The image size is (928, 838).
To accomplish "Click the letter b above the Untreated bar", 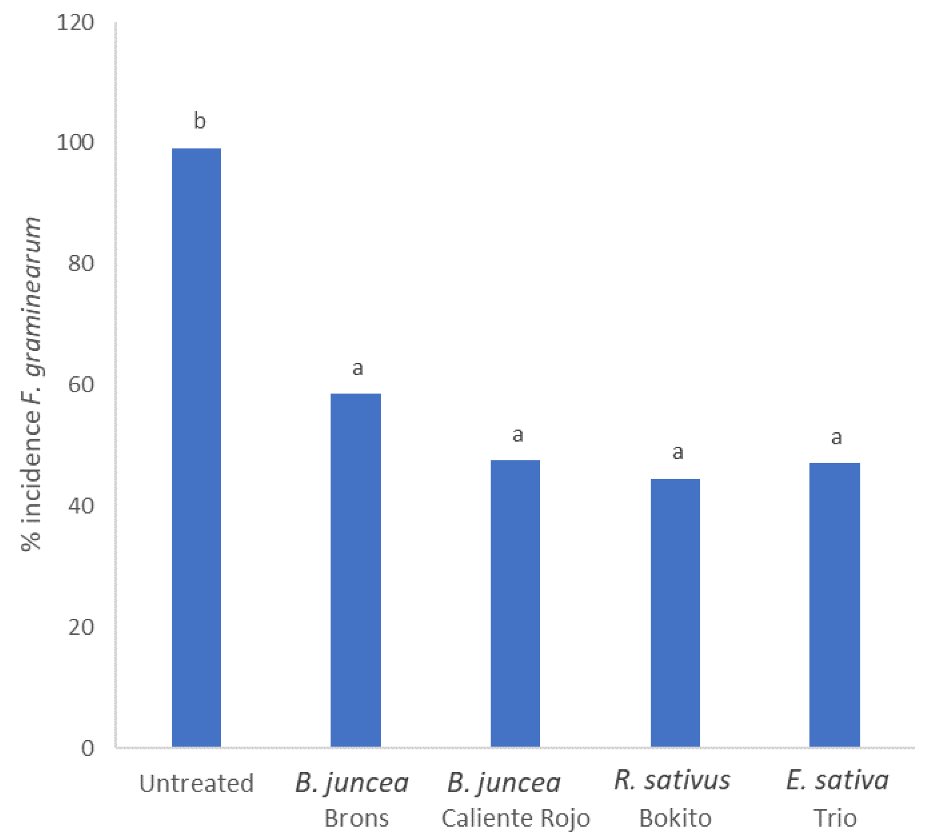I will pos(199,121).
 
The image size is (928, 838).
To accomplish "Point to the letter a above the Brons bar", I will pos(358,368).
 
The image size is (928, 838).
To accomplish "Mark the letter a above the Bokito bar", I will pos(678,452).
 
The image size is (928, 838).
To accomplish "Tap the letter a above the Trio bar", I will pos(836,437).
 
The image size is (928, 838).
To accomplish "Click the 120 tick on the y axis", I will pos(76,22).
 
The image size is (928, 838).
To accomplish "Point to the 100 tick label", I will pos(76,143).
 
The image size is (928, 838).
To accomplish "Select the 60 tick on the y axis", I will pos(81,385).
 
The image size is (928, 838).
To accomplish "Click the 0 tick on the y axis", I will pos(87,749).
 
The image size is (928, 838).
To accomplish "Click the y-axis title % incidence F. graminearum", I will pos(31,385).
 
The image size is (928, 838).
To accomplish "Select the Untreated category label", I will pos(197,783).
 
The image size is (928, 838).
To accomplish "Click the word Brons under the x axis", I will pos(357,818).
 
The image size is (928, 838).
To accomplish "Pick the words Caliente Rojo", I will pos(516,818).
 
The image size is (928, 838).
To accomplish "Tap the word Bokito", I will pos(675,818).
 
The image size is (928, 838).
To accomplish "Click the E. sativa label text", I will pos(837,781).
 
